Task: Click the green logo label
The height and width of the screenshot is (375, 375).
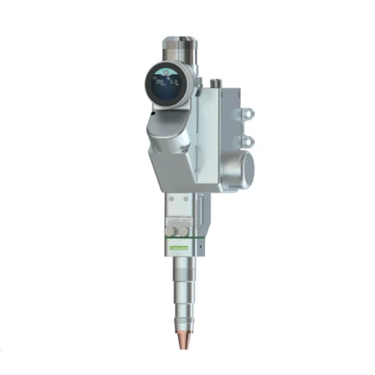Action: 179,248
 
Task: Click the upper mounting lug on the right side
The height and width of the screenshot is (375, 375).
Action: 246,113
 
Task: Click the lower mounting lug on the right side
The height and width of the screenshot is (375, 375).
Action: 246,140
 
